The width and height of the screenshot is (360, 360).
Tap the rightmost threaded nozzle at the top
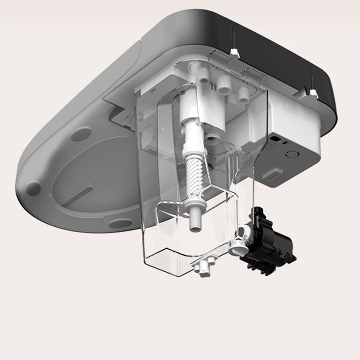tap(244, 93)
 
